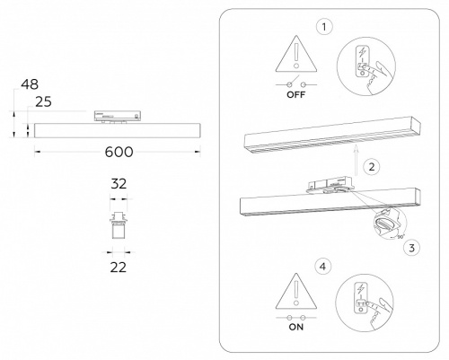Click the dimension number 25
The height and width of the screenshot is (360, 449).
tap(41, 102)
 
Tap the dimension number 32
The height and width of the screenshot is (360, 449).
tap(117, 182)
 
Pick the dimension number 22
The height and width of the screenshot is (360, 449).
tap(117, 266)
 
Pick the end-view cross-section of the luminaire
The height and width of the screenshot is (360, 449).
tap(117, 225)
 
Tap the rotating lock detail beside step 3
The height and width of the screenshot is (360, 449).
tap(386, 222)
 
